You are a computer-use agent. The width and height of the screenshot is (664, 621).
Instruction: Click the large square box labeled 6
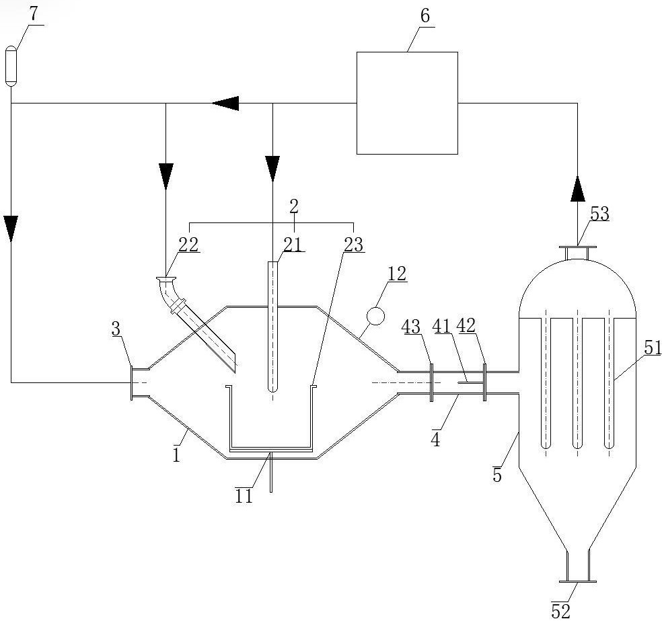407,103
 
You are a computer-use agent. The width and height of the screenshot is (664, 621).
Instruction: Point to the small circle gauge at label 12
375,316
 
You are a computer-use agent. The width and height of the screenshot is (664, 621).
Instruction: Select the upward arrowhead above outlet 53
578,189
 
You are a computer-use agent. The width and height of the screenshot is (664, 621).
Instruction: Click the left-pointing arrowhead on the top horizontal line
226,103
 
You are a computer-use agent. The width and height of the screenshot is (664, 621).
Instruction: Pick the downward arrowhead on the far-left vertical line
11,229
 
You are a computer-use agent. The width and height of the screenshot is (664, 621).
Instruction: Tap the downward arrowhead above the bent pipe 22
165,176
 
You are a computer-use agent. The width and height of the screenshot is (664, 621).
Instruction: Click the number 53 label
599,214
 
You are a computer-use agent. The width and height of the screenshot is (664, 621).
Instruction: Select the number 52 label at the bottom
560,610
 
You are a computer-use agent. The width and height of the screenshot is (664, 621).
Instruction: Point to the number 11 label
244,496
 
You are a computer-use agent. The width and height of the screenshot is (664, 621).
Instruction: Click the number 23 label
354,245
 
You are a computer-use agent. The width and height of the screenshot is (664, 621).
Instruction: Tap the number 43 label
411,327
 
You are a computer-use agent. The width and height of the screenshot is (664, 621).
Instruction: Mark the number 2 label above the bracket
294,206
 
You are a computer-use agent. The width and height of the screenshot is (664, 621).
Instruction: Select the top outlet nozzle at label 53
578,253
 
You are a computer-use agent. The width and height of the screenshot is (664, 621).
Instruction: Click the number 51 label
653,347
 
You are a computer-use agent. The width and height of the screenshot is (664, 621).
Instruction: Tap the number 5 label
497,475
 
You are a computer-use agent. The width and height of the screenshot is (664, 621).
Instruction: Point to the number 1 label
176,455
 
